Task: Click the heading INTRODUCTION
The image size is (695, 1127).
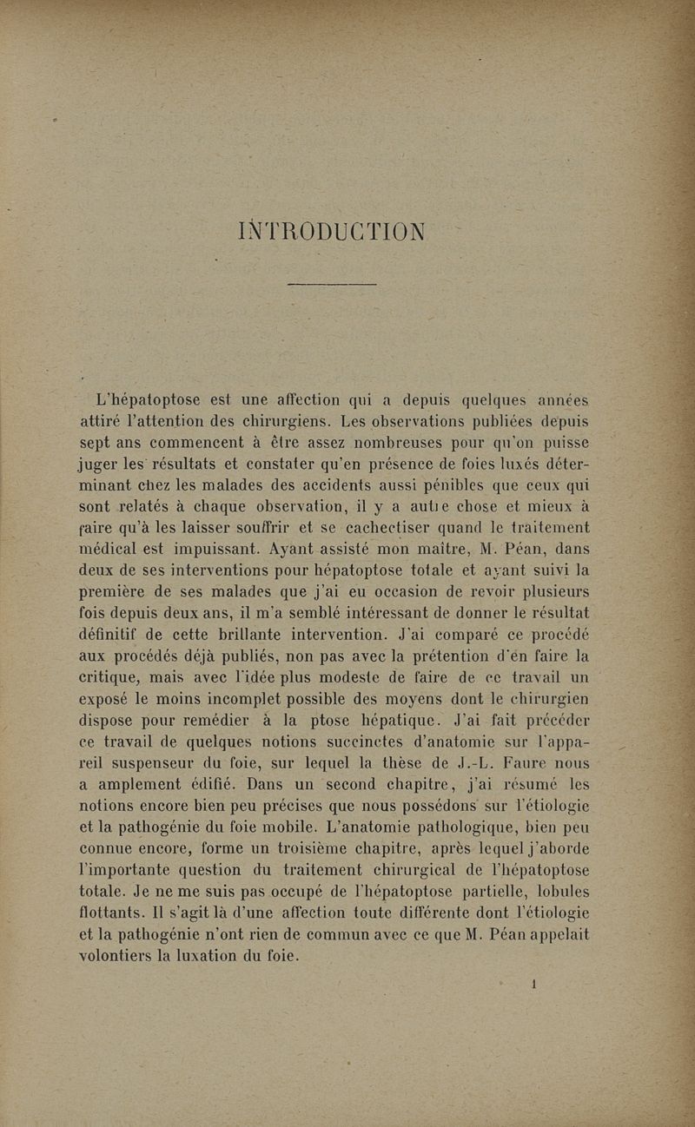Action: [331, 233]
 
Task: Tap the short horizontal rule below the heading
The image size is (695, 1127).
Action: [331, 283]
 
